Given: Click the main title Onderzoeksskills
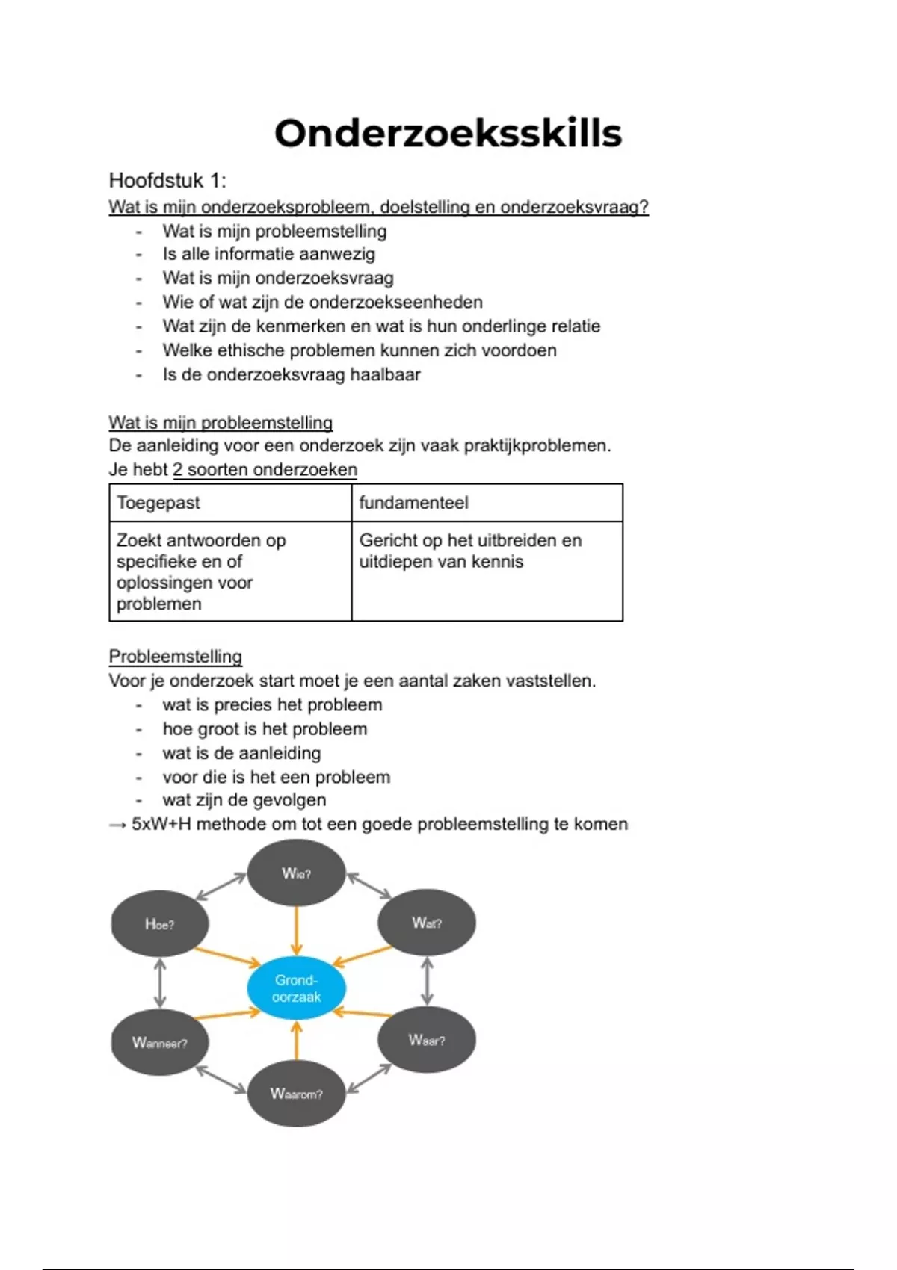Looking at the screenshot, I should pos(448,134).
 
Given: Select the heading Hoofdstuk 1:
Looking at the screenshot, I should pos(167,181).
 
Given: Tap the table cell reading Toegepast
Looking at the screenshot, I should pos(158,503).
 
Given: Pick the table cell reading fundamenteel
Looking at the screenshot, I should pos(413,503).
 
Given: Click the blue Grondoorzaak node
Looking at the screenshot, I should pos(296,988).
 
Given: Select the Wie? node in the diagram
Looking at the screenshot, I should pos(296,873).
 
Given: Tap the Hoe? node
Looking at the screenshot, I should pos(159,924).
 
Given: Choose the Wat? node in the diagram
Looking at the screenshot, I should pos(427,923).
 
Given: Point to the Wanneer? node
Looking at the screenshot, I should pos(159,1042).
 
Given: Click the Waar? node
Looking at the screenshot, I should pos(427,1040).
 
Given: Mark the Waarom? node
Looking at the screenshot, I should pos(296,1094).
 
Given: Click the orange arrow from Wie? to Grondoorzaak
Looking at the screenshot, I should pos(296,930).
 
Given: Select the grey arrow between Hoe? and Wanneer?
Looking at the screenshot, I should pos(159,983).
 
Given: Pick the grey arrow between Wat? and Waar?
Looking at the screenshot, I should pos(427,982).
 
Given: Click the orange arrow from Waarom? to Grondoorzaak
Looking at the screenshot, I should pos(296,1040).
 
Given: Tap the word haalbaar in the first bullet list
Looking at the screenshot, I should pos(385,374).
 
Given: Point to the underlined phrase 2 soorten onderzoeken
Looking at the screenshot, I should pos(265,470).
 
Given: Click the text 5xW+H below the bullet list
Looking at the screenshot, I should pos(161,824).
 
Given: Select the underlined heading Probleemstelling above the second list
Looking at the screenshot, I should pos(176,657).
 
